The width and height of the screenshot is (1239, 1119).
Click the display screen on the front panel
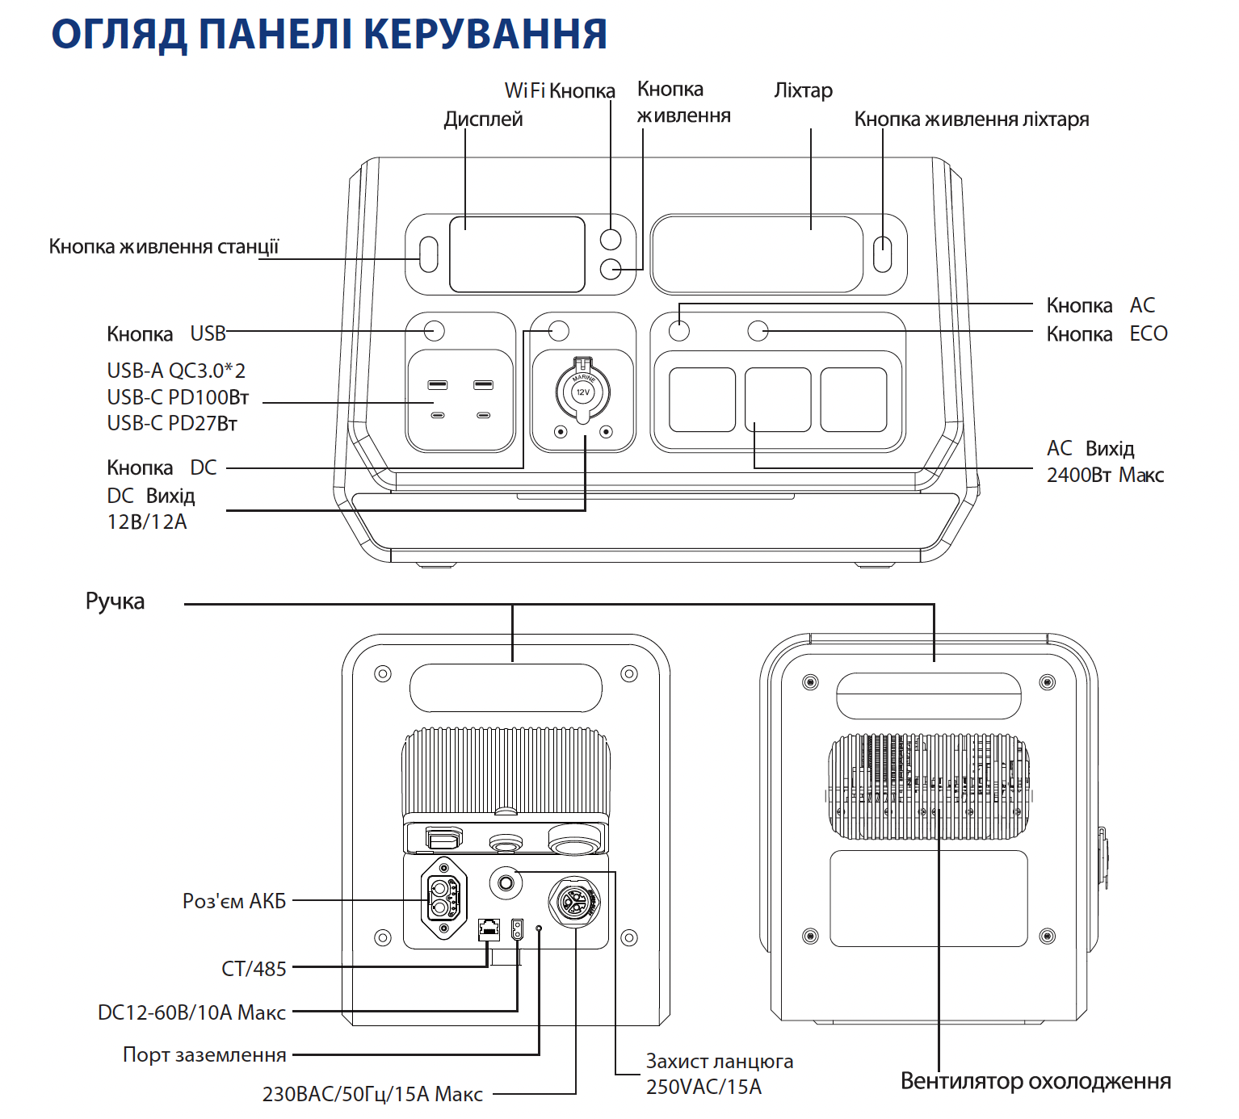(517, 254)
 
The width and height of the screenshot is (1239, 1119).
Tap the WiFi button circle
(611, 239)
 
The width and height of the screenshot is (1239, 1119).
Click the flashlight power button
(883, 254)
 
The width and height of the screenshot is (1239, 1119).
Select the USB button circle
(435, 330)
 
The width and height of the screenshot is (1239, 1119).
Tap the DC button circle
(559, 330)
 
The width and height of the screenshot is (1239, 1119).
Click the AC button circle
(679, 330)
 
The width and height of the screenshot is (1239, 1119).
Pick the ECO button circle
(758, 330)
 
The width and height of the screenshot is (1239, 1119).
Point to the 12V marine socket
(582, 392)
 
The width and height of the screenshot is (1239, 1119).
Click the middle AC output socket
(778, 400)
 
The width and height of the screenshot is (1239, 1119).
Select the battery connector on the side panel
(443, 899)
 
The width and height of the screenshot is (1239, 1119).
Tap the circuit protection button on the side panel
(506, 882)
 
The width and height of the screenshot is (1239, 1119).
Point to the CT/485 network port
(489, 929)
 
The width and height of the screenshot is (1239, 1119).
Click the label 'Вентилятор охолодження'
(1035, 1081)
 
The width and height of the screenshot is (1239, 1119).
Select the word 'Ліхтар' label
(803, 90)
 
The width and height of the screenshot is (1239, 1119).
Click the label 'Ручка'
(115, 601)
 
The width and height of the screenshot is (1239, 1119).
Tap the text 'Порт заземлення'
(204, 1054)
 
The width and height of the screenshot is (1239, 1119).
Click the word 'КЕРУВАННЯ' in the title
(485, 34)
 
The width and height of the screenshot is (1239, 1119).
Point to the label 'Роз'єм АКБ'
(234, 901)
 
